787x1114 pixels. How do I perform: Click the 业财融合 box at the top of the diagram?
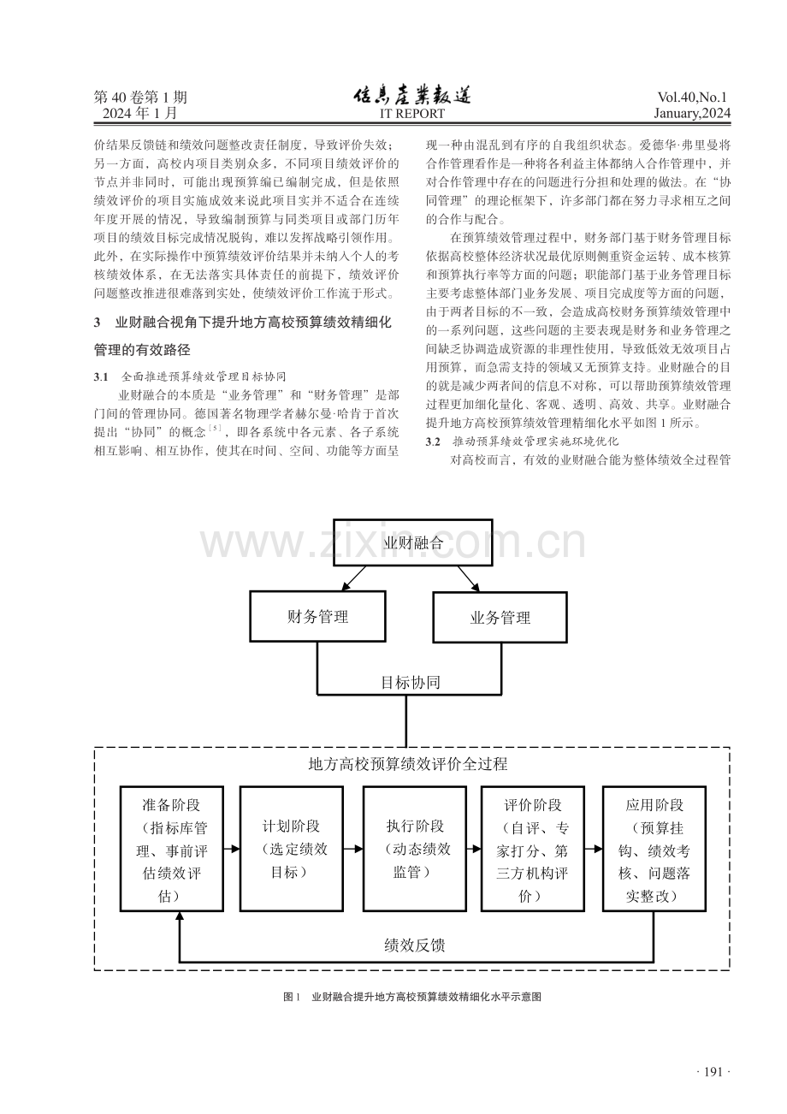pos(412,542)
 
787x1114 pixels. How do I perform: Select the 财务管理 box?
pos(317,616)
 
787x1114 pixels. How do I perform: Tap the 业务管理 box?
pos(500,617)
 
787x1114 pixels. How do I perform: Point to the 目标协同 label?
pos(411,682)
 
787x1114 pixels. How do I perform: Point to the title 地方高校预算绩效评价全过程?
pos(408,764)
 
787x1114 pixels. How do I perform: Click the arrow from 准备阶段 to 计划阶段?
pos(232,849)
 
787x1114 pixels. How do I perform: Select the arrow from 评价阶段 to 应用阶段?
pos(594,849)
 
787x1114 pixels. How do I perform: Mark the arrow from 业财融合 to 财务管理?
pos(353,578)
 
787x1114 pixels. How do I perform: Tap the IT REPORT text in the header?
pos(412,114)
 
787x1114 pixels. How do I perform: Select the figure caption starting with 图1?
pos(412,997)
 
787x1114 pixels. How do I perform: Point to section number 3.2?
pos(433,441)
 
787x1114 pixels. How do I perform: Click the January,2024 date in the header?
pos(692,114)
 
